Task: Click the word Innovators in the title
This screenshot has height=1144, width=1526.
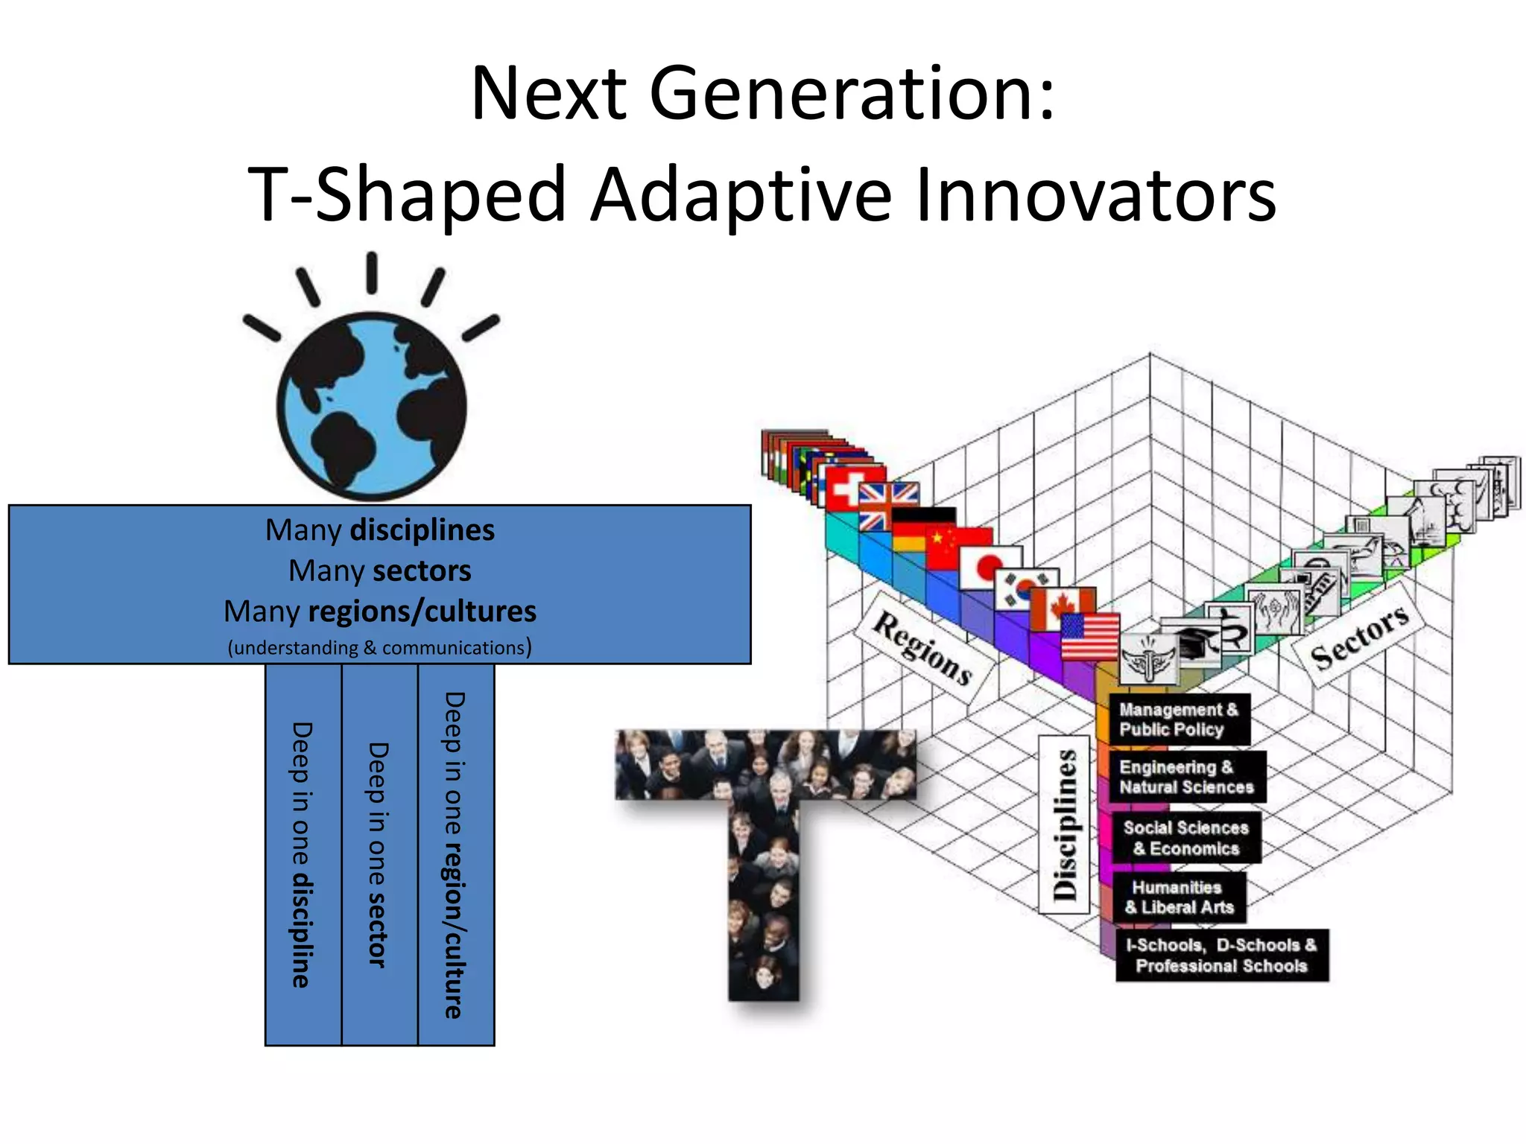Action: [1095, 195]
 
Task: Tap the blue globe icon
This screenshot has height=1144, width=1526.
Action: [372, 406]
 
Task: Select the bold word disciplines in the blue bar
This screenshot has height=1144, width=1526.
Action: [422, 530]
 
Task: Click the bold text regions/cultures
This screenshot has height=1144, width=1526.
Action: [422, 611]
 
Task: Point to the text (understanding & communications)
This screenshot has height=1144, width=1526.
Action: [379, 647]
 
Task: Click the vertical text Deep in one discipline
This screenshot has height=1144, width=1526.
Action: [302, 854]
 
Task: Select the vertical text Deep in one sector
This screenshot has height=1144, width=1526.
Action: [379, 854]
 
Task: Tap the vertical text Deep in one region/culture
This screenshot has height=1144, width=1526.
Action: [455, 854]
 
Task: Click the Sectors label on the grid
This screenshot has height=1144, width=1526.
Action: [1358, 635]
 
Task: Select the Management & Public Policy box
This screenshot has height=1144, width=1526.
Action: [1178, 719]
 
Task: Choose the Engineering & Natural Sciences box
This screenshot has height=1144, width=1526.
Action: [1186, 777]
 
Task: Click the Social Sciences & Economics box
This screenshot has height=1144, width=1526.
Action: [1185, 838]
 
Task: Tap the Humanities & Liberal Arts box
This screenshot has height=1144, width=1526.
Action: [1179, 897]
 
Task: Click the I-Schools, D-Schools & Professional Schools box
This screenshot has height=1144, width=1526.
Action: [1221, 956]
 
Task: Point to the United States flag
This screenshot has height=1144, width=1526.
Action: [1089, 637]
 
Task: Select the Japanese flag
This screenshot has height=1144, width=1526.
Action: [990, 568]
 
